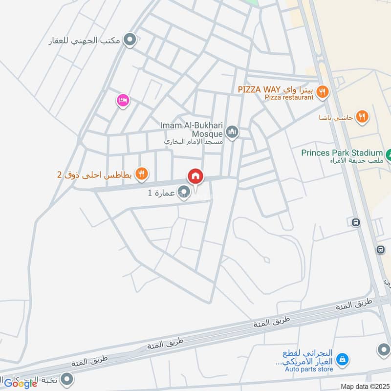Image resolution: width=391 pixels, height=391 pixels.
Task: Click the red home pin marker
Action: (x=195, y=176)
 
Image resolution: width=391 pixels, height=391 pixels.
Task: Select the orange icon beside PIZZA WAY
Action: (x=322, y=90)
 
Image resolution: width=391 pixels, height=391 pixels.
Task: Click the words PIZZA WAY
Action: (x=259, y=90)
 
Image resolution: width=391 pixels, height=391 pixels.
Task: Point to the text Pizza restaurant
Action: (x=289, y=97)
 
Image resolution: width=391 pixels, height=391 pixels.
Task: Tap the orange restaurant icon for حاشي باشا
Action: (x=362, y=116)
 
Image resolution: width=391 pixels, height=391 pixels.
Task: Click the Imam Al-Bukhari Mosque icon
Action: (x=232, y=131)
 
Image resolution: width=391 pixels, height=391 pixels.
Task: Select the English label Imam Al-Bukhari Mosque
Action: (x=191, y=129)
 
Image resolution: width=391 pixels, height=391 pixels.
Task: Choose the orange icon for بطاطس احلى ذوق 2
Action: (x=141, y=173)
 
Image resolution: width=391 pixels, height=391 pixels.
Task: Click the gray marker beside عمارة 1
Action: (x=184, y=191)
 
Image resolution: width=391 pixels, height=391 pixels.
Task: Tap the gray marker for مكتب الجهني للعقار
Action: (x=130, y=40)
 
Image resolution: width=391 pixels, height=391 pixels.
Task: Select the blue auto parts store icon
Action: (x=344, y=359)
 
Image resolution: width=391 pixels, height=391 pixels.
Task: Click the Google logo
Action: (x=21, y=384)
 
